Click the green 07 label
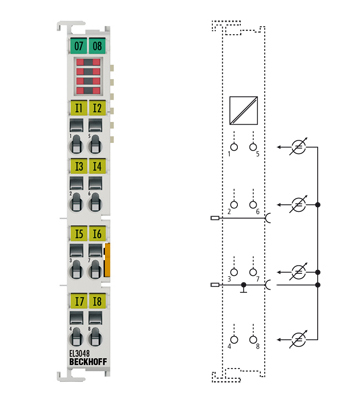78,46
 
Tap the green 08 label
97,46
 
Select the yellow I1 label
78,107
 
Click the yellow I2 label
97,107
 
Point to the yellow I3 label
78,166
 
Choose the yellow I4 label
97,166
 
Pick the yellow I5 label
78,234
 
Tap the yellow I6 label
97,234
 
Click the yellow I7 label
78,300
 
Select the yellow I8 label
97,300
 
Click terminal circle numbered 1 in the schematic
232,145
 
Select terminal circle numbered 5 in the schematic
255,145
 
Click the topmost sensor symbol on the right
296,147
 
